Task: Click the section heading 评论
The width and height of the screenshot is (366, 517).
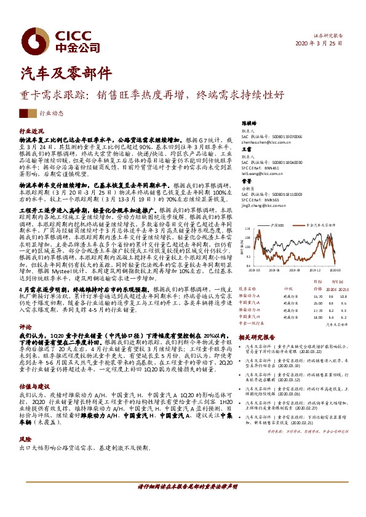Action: click(x=25, y=327)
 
